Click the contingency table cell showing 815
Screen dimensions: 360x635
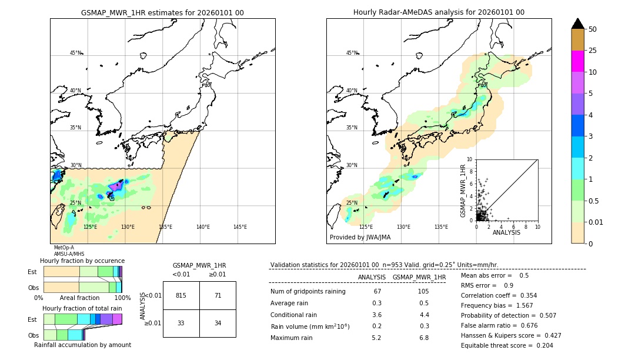181,295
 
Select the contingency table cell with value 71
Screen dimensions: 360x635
218,295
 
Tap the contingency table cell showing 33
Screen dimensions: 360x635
181,323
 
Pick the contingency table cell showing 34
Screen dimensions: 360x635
218,323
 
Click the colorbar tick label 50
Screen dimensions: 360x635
593,29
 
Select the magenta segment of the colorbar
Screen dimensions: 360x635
577,61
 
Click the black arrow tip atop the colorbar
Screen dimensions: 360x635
577,23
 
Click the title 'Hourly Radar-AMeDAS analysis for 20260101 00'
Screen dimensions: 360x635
439,12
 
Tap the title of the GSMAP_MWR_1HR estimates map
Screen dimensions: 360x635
162,12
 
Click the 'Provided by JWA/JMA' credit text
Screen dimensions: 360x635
360,237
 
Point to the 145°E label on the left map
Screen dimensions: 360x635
240,227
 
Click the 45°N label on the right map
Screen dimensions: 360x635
351,53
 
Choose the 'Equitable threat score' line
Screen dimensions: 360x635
507,345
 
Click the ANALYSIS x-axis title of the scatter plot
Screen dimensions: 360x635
506,232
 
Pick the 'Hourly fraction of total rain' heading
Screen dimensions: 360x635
82,308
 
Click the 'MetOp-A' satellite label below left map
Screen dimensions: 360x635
63,248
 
